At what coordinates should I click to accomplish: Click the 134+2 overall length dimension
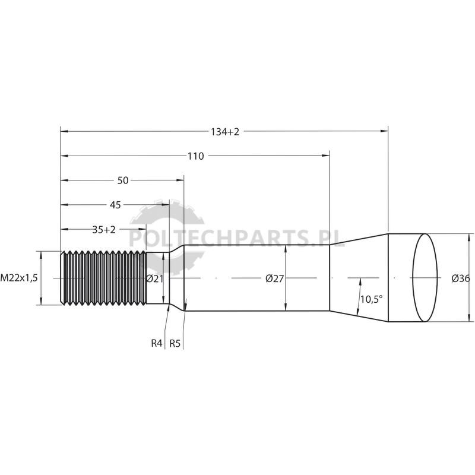click(x=225, y=131)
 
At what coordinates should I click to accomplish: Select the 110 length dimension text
click(x=196, y=156)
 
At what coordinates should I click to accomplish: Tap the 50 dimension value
click(x=123, y=180)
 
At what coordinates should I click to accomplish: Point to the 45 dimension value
click(x=115, y=205)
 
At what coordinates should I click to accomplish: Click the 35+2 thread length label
click(x=104, y=230)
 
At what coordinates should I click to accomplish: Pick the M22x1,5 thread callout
click(x=19, y=277)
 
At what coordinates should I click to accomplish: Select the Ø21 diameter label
click(x=154, y=278)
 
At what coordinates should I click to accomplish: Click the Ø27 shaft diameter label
click(x=274, y=278)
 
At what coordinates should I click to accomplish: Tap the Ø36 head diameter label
click(x=461, y=278)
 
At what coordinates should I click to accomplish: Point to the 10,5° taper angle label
click(x=372, y=299)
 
